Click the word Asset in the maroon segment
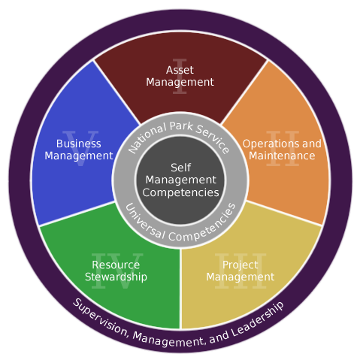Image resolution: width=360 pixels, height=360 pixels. [180, 70]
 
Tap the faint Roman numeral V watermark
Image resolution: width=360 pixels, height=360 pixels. [80, 148]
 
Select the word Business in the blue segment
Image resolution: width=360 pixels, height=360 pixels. [79, 144]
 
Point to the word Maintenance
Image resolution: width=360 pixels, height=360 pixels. [282, 156]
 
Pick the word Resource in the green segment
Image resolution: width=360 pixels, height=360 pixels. [116, 265]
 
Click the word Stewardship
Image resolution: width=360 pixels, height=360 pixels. [116, 277]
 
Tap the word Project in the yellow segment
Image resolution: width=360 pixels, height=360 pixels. [240, 265]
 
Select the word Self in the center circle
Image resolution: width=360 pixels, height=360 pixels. [180, 168]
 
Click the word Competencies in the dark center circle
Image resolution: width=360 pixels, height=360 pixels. [180, 193]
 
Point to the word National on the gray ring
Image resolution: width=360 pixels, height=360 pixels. [147, 137]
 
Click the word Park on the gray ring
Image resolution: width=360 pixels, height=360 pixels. [181, 126]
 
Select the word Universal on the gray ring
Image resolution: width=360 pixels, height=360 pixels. [144, 222]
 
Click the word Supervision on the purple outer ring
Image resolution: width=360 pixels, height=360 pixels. [100, 318]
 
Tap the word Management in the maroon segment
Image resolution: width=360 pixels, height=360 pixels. [180, 83]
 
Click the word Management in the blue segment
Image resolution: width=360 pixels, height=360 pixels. [79, 156]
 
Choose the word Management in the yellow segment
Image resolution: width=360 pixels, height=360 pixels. [240, 277]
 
